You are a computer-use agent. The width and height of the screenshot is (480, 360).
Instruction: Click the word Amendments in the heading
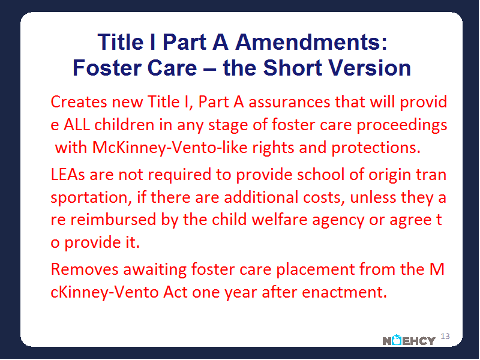pyautogui.click(x=311, y=42)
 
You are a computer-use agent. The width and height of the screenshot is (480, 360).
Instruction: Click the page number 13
pyautogui.click(x=445, y=336)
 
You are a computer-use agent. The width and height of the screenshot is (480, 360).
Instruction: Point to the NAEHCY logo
pyautogui.click(x=409, y=340)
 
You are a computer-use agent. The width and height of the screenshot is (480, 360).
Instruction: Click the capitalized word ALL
pyautogui.click(x=77, y=125)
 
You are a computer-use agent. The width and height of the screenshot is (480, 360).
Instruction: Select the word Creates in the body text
pyautogui.click(x=79, y=102)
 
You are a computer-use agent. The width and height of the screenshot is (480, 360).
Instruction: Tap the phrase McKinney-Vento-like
pyautogui.click(x=170, y=148)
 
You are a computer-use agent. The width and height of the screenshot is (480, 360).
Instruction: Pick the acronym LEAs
pyautogui.click(x=68, y=175)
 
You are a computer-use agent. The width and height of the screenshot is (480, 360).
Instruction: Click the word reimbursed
pyautogui.click(x=113, y=220)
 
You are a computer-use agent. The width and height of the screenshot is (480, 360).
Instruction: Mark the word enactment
pyautogui.click(x=344, y=292)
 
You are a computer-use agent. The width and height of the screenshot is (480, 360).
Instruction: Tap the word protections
pyautogui.click(x=376, y=148)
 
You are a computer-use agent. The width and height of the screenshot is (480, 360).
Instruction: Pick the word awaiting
pyautogui.click(x=155, y=270)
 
